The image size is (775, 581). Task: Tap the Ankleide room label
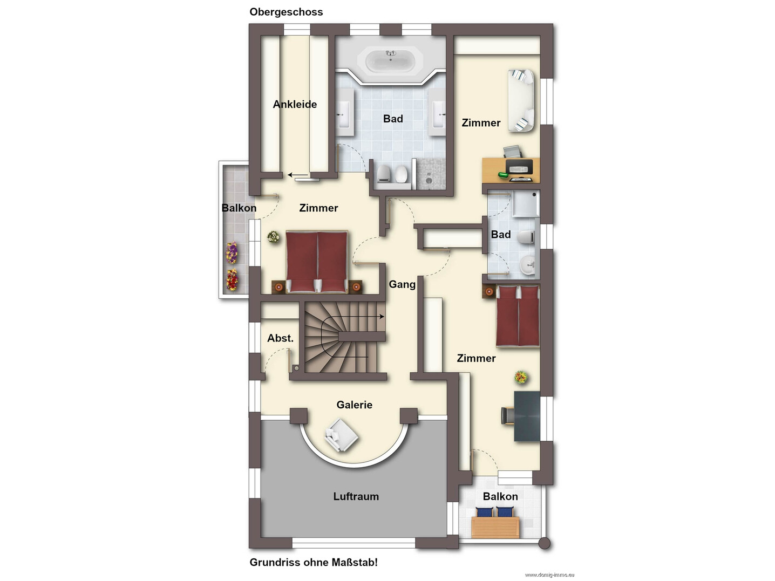295,105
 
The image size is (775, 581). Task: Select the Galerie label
354,405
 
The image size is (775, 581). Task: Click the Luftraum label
356,496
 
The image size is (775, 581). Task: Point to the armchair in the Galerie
341,435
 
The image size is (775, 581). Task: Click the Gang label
402,284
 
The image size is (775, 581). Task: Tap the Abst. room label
280,338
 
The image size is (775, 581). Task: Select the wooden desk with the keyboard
511,170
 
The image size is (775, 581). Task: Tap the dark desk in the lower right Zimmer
527,416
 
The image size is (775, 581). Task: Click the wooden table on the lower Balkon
495,528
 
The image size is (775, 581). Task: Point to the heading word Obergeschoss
286,12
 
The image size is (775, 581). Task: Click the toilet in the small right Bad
526,237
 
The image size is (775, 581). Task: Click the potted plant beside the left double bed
273,237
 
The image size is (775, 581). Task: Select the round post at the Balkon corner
545,544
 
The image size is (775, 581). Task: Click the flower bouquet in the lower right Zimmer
521,378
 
